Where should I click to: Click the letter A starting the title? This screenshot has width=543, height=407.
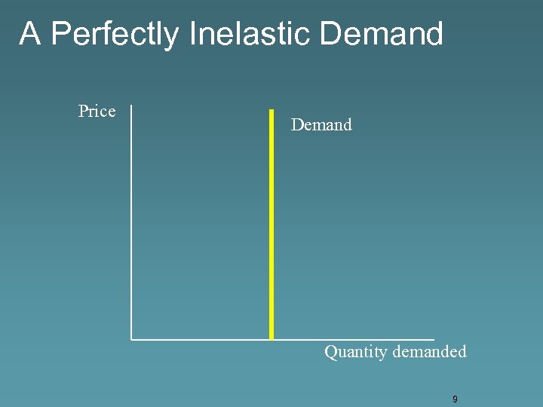[29, 34]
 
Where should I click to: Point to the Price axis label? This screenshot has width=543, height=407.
[97, 112]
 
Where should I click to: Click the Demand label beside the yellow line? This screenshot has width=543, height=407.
[321, 125]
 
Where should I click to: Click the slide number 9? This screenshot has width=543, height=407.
[455, 399]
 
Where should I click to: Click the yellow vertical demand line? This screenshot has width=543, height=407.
[271, 226]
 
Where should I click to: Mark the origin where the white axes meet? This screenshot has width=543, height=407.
[131, 339]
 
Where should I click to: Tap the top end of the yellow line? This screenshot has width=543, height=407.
[271, 111]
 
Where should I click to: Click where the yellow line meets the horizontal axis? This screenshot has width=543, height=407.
[271, 338]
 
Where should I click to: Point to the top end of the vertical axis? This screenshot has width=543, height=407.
[131, 106]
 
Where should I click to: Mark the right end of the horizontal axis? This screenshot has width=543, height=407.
[434, 339]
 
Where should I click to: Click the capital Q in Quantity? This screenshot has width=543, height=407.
[330, 352]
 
